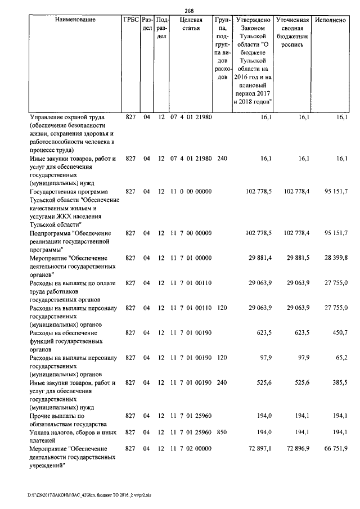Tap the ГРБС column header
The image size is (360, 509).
point(130,20)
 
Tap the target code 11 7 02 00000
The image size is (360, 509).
point(190,448)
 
